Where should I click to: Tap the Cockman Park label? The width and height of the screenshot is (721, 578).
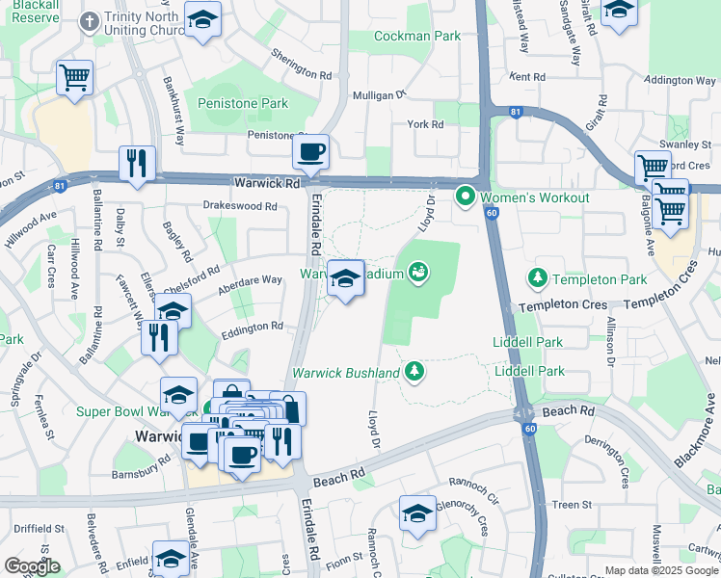(417, 36)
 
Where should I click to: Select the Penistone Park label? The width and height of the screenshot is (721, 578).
(242, 103)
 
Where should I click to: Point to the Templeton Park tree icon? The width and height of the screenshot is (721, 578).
(538, 278)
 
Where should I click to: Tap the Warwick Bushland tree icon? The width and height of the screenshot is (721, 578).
(414, 371)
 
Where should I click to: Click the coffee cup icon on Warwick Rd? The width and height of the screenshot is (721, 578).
(310, 152)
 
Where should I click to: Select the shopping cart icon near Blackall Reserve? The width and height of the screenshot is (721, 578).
(74, 77)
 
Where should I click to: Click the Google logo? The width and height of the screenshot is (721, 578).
(32, 566)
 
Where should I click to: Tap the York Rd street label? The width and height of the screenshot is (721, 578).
(424, 124)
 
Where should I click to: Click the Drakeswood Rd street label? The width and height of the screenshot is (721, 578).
(240, 205)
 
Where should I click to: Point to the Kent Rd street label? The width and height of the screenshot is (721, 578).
(527, 76)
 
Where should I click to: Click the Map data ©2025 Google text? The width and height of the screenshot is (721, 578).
(661, 569)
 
